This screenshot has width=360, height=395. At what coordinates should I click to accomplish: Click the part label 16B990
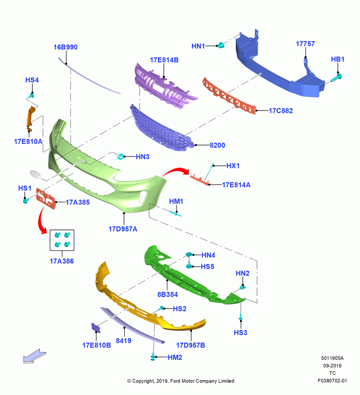(66, 47)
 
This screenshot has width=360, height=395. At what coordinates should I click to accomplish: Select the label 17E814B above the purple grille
(164, 60)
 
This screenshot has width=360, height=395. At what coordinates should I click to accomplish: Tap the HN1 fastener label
(198, 46)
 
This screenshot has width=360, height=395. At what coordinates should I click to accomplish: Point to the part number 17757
(305, 44)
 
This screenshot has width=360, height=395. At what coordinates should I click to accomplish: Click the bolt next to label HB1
(336, 77)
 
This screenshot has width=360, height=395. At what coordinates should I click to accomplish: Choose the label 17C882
(281, 111)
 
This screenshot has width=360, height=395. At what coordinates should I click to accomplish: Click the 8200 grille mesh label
(217, 145)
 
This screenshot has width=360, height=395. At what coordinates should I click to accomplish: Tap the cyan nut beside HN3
(120, 156)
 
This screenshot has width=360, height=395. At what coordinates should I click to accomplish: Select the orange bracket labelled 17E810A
(30, 118)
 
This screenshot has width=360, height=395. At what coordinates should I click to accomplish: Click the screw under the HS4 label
(32, 96)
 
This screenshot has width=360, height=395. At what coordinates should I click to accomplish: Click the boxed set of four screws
(62, 240)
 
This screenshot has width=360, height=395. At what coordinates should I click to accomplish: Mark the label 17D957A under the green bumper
(123, 229)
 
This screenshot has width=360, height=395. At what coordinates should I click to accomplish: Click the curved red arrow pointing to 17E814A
(176, 171)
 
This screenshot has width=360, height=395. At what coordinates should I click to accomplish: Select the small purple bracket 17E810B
(96, 327)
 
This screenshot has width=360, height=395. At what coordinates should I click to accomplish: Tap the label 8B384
(168, 294)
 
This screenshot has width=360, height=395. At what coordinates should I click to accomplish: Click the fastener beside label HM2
(152, 357)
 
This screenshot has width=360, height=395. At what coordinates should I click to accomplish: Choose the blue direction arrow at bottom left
(35, 356)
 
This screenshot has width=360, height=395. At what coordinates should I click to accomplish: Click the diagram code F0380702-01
(332, 381)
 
